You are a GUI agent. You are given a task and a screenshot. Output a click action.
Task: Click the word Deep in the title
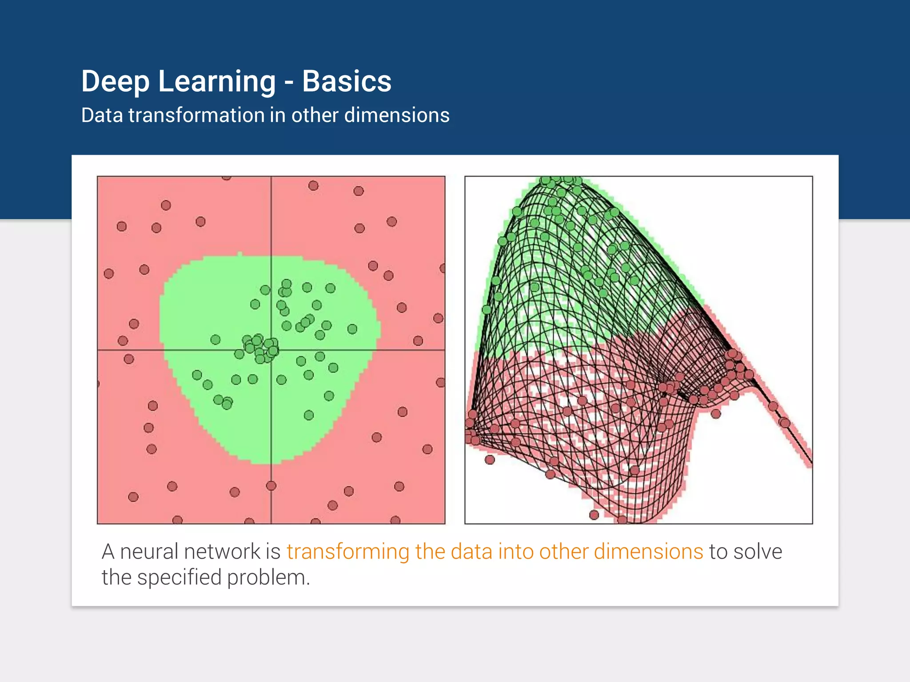(116, 82)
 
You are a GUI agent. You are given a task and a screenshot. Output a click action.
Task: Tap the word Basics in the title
(347, 82)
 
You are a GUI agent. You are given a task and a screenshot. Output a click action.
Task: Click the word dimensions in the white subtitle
(397, 115)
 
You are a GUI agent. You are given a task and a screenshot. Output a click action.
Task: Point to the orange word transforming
(347, 552)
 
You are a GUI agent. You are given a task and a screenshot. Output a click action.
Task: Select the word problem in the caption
(268, 578)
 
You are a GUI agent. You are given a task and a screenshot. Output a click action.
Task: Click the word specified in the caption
(179, 578)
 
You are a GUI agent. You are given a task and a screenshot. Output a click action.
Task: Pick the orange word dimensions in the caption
(648, 551)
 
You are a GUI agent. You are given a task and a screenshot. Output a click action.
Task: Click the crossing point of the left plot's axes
(271, 350)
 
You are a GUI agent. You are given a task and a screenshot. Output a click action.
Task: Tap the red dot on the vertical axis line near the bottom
(271, 486)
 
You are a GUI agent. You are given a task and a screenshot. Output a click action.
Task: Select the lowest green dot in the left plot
(309, 415)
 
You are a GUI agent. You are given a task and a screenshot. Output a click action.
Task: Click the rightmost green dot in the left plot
(352, 329)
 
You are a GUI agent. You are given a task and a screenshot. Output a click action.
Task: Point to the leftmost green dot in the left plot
(197, 375)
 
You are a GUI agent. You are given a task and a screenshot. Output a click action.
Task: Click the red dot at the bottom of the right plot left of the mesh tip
(594, 515)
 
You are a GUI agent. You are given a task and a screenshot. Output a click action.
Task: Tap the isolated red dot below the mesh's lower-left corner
(490, 460)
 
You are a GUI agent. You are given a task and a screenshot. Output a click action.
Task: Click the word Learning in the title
(217, 82)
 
